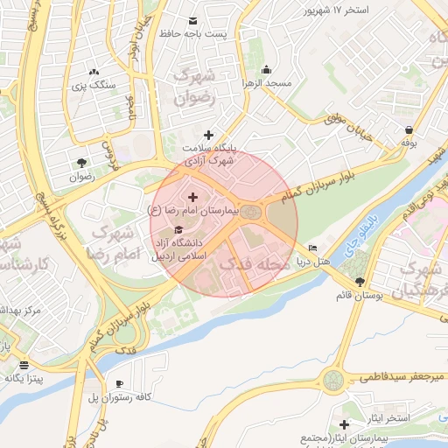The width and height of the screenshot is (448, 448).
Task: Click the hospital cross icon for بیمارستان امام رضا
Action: pos(193,199)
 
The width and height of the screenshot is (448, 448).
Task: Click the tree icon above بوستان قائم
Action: pos(360,281)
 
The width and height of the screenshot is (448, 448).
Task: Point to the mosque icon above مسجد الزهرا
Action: pos(267,70)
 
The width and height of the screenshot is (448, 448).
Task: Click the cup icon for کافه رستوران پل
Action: pos(119,383)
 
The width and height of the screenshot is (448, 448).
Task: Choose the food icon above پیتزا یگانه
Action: pos(24,365)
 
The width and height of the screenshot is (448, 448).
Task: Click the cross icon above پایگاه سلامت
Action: pos(208,135)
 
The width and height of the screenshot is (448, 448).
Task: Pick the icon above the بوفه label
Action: pos(409,128)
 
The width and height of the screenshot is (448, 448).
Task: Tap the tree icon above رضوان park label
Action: pos(81,163)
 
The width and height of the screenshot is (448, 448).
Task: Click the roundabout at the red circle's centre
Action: pos(252,213)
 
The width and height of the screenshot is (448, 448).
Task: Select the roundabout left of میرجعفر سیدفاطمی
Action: pos(333,380)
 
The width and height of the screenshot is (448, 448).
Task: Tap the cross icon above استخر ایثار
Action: pos(344,424)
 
